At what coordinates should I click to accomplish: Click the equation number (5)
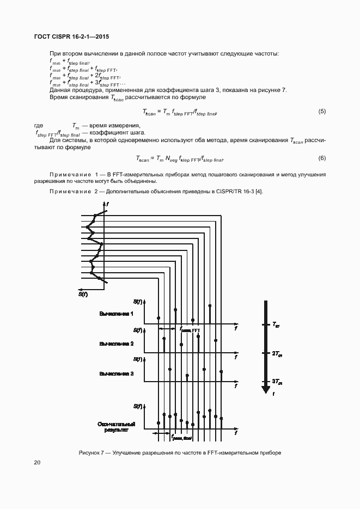[322, 112]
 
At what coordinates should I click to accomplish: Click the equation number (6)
[322, 158]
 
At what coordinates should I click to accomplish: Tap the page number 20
[37, 463]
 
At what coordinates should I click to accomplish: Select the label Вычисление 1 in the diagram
[116, 314]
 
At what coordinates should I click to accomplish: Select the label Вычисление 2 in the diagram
[116, 344]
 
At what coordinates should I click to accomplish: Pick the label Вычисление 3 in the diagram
[116, 373]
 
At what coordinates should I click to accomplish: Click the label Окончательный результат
[116, 426]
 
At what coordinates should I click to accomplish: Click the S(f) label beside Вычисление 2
[138, 330]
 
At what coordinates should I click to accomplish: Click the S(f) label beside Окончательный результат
[138, 406]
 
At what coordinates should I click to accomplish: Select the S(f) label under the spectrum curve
[83, 295]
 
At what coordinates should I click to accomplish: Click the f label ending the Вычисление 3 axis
[236, 386]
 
